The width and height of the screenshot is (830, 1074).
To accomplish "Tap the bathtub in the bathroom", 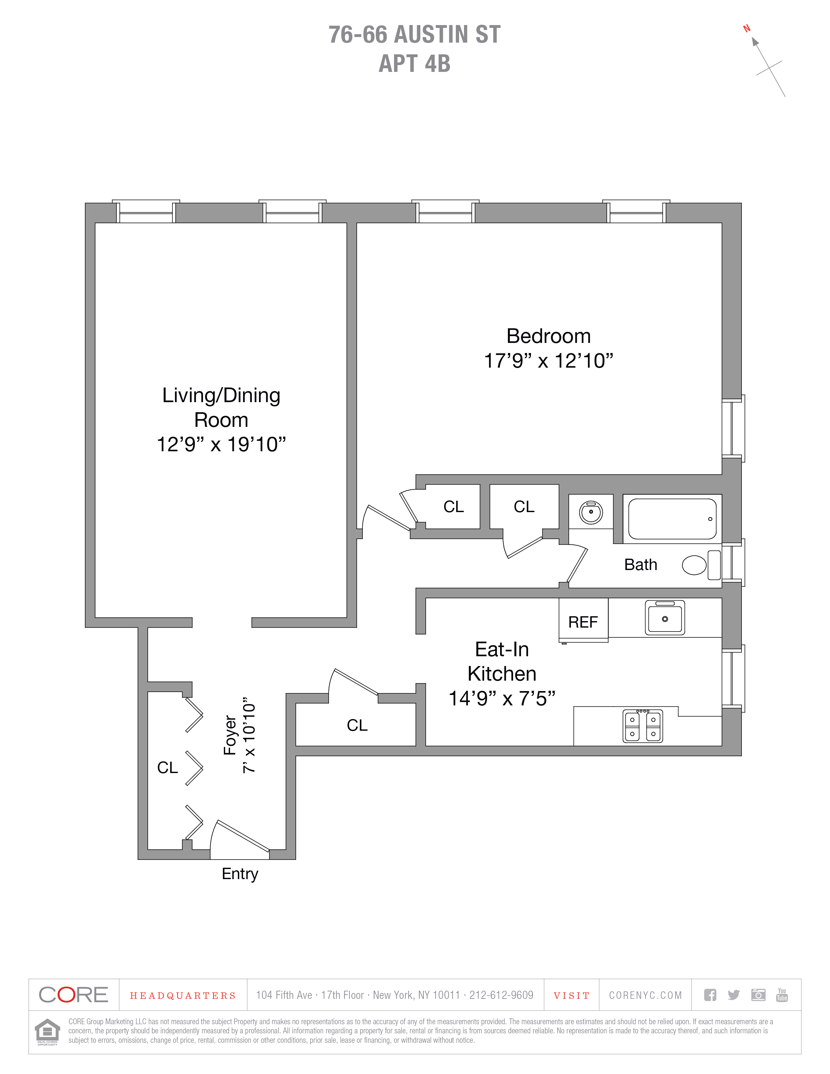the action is pos(672,519).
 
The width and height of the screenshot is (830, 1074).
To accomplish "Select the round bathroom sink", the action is pos(591,512).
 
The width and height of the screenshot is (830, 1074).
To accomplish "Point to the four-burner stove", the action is pos(643,726).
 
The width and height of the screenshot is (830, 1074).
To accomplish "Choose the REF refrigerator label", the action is pos(583,622).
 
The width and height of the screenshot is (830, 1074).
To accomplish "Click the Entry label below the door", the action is pos(240,874).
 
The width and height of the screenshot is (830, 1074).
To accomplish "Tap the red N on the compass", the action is pos(746,29).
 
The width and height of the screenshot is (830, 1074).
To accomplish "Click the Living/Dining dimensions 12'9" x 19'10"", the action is pos(221,444).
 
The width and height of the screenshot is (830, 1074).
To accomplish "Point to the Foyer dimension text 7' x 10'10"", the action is pos(249,735).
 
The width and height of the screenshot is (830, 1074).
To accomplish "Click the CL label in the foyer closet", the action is pos(167,768).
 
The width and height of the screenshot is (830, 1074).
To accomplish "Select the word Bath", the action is pos(640,564).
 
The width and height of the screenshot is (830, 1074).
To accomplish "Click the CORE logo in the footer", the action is pos(73,995).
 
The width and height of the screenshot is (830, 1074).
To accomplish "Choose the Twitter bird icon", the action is pos(734,995).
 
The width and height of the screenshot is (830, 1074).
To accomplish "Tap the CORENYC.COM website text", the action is pos(645,995).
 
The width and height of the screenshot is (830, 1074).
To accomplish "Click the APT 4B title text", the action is pos(415,64).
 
